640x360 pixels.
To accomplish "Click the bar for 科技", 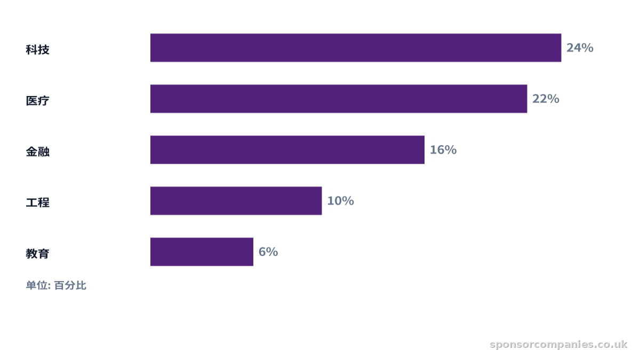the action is [356, 47].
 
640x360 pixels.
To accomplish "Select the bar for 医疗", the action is [339, 99].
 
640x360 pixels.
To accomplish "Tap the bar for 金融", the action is [287, 150].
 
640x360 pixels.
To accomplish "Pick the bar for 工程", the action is [236, 201].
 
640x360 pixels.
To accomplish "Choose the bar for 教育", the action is [202, 252].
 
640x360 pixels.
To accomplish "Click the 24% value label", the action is [580, 47].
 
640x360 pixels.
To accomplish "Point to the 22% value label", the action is [546, 99].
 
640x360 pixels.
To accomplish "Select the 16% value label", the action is [443, 150].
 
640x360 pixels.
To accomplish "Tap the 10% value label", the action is [341, 201].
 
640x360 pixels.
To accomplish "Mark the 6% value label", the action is [268, 252].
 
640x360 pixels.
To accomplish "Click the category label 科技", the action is [37, 50].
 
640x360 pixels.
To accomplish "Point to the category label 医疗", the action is [37, 101].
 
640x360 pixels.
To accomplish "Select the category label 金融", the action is [37, 151].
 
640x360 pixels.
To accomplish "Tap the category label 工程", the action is [37, 203].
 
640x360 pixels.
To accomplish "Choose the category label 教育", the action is [37, 253].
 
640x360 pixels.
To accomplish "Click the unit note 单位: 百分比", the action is [56, 285].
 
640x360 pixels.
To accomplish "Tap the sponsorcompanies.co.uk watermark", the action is [558, 345].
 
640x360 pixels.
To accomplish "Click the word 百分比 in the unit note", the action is [70, 285].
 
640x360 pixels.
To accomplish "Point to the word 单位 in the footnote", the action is [36, 285].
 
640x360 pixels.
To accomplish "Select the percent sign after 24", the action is [587, 47].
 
